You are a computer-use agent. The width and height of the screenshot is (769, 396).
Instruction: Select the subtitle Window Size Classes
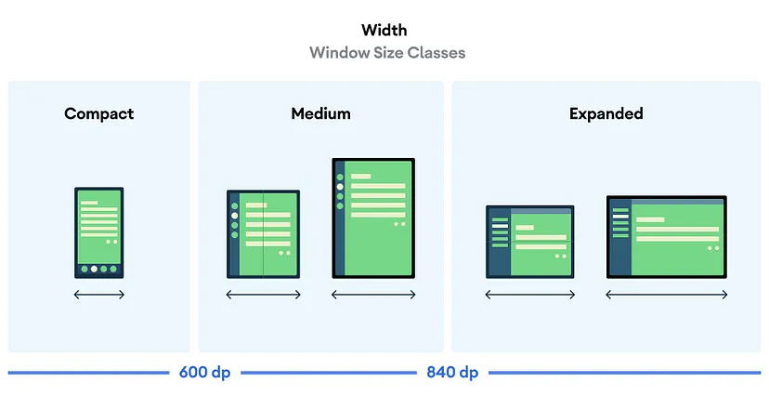pyautogui.click(x=387, y=52)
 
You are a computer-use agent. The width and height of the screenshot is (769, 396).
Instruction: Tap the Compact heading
pyautogui.click(x=99, y=113)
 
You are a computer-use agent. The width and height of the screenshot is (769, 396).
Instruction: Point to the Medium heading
pyautogui.click(x=320, y=113)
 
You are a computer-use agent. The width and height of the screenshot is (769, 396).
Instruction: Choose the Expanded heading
pyautogui.click(x=606, y=113)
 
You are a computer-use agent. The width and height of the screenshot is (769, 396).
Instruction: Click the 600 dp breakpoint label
pyautogui.click(x=204, y=373)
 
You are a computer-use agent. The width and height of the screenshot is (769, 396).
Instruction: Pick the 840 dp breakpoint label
pyautogui.click(x=452, y=373)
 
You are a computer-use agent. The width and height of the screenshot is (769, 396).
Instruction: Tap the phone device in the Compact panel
pyautogui.click(x=99, y=232)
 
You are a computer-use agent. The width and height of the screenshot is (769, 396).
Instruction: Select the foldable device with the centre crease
pyautogui.click(x=264, y=234)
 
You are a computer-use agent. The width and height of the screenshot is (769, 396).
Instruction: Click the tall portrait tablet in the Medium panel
pyautogui.click(x=373, y=218)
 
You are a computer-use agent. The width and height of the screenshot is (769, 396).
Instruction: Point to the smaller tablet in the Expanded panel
pyautogui.click(x=530, y=241)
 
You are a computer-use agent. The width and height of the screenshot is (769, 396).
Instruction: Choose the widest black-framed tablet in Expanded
pyautogui.click(x=666, y=236)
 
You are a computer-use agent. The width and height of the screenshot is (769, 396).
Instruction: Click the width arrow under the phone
pyautogui.click(x=99, y=295)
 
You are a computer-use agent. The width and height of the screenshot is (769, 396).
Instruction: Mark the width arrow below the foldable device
pyautogui.click(x=264, y=295)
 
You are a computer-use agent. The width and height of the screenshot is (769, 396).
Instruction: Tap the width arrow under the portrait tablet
pyautogui.click(x=373, y=295)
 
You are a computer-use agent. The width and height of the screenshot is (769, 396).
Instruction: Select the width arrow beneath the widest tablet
pyautogui.click(x=666, y=295)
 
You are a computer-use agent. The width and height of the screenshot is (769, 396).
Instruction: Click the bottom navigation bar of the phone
pyautogui.click(x=99, y=270)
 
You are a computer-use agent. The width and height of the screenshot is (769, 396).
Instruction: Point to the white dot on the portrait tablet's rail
pyautogui.click(x=340, y=187)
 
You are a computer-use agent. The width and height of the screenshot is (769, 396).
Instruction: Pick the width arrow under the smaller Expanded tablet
pyautogui.click(x=530, y=295)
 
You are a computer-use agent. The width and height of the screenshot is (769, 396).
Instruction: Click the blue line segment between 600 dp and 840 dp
pyautogui.click(x=328, y=373)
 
